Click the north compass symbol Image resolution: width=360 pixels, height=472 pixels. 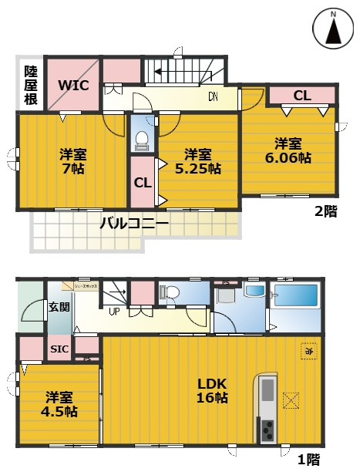coord(334,30)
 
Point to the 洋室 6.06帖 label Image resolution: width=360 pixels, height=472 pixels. coord(289,150)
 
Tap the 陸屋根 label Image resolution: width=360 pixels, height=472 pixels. coord(29,83)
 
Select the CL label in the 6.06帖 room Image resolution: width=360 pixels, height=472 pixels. coord(301,96)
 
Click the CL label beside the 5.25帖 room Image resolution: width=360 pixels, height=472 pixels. coord(142,183)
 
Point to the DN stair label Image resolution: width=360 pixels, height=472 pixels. coord(212,97)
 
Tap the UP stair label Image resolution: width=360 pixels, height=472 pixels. coord(113,312)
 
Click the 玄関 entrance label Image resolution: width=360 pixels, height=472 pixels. coord(59,307)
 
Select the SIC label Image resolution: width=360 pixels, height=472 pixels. coord(59,348)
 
